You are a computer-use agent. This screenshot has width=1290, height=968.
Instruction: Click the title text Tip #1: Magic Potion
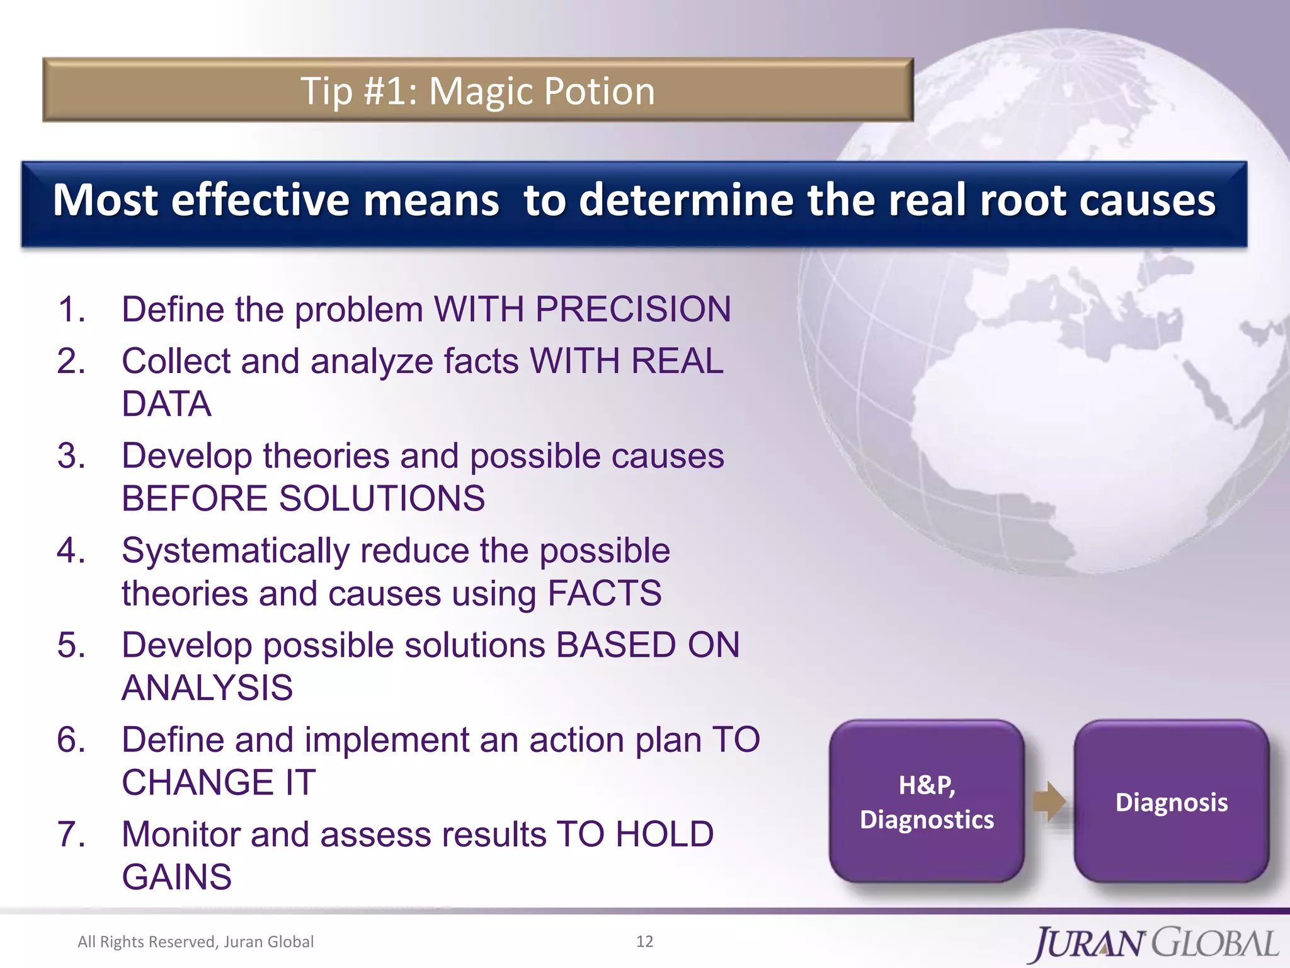[477, 91]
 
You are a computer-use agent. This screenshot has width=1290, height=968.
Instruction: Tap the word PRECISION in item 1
[632, 309]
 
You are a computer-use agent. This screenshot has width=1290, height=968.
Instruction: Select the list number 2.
[71, 362]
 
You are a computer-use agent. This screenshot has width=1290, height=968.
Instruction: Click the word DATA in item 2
[166, 404]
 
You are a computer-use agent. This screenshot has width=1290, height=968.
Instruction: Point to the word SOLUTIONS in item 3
[382, 498]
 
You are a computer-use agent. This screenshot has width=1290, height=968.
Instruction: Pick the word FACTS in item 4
[604, 594]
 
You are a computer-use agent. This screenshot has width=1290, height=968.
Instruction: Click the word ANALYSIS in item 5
[207, 688]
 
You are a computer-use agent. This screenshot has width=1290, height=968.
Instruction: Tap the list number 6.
[71, 740]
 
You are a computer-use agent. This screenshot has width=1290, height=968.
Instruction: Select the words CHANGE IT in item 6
[219, 783]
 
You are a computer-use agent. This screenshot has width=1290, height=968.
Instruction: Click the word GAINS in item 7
[177, 877]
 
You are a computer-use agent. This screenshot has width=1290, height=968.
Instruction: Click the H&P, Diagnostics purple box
[927, 802]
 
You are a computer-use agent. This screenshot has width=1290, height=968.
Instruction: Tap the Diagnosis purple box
[1171, 802]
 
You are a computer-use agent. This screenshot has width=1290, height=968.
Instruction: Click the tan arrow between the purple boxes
[1049, 801]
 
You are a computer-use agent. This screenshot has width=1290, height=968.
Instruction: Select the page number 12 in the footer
[644, 942]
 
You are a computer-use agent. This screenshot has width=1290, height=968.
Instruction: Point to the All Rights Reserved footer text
[195, 942]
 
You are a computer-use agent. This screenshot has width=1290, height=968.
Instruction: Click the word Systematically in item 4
[235, 551]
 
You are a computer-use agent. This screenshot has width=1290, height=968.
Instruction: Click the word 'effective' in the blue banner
[260, 201]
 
